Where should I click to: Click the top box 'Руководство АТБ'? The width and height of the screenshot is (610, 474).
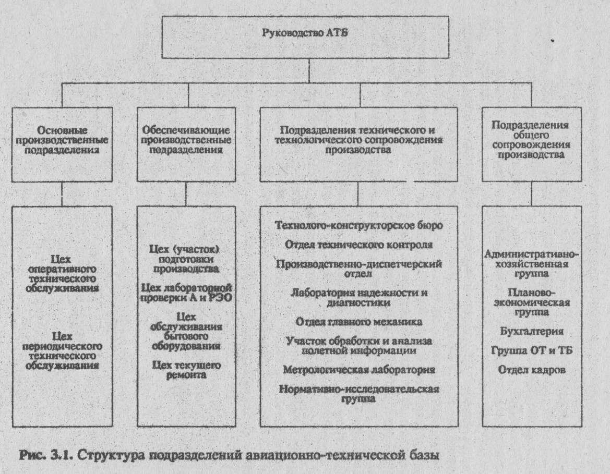tap(305, 37)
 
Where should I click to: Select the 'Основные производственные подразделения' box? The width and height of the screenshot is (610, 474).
tap(62, 144)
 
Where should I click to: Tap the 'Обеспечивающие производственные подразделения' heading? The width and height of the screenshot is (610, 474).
tap(186, 140)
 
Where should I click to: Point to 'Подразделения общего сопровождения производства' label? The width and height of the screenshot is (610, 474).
tap(531, 140)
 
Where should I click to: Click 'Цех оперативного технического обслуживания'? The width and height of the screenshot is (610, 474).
tap(62, 274)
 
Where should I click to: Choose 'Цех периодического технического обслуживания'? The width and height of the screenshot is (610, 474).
tap(62, 351)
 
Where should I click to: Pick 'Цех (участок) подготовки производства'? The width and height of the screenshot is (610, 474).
tap(185, 259)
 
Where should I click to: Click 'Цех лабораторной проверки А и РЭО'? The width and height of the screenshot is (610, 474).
tap(186, 293)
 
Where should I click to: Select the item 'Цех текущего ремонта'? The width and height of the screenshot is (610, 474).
tap(186, 370)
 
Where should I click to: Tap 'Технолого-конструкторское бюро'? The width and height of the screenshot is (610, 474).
tap(358, 226)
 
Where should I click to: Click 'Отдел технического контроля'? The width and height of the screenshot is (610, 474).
tap(358, 245)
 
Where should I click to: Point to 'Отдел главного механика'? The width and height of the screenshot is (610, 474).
tap(358, 322)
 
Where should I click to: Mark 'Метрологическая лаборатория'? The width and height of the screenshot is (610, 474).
tap(358, 369)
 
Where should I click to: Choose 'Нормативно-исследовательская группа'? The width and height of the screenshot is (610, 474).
tap(358, 394)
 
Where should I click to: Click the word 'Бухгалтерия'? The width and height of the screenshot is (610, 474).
tap(531, 331)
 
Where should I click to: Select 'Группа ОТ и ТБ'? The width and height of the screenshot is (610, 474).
tap(531, 350)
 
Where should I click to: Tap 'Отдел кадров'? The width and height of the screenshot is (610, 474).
tap(531, 369)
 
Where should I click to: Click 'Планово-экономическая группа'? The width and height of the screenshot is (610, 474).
tap(531, 302)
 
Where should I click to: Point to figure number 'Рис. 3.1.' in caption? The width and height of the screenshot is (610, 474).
tap(46, 455)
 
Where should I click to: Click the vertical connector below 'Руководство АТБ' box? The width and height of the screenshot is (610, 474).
tap(309, 70)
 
